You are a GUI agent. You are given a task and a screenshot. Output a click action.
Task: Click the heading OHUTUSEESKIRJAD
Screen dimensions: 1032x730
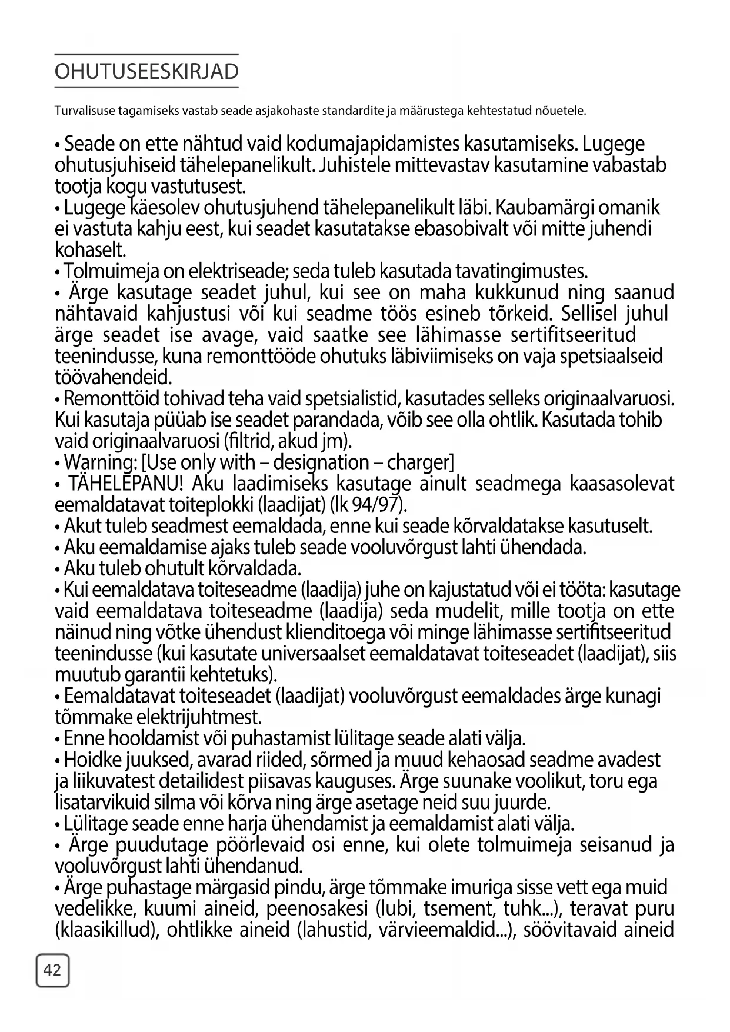coord(146,71)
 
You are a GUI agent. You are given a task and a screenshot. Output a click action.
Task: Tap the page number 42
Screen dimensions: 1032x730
coord(52,970)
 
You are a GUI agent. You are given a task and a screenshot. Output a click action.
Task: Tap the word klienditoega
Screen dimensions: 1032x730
coord(394,632)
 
